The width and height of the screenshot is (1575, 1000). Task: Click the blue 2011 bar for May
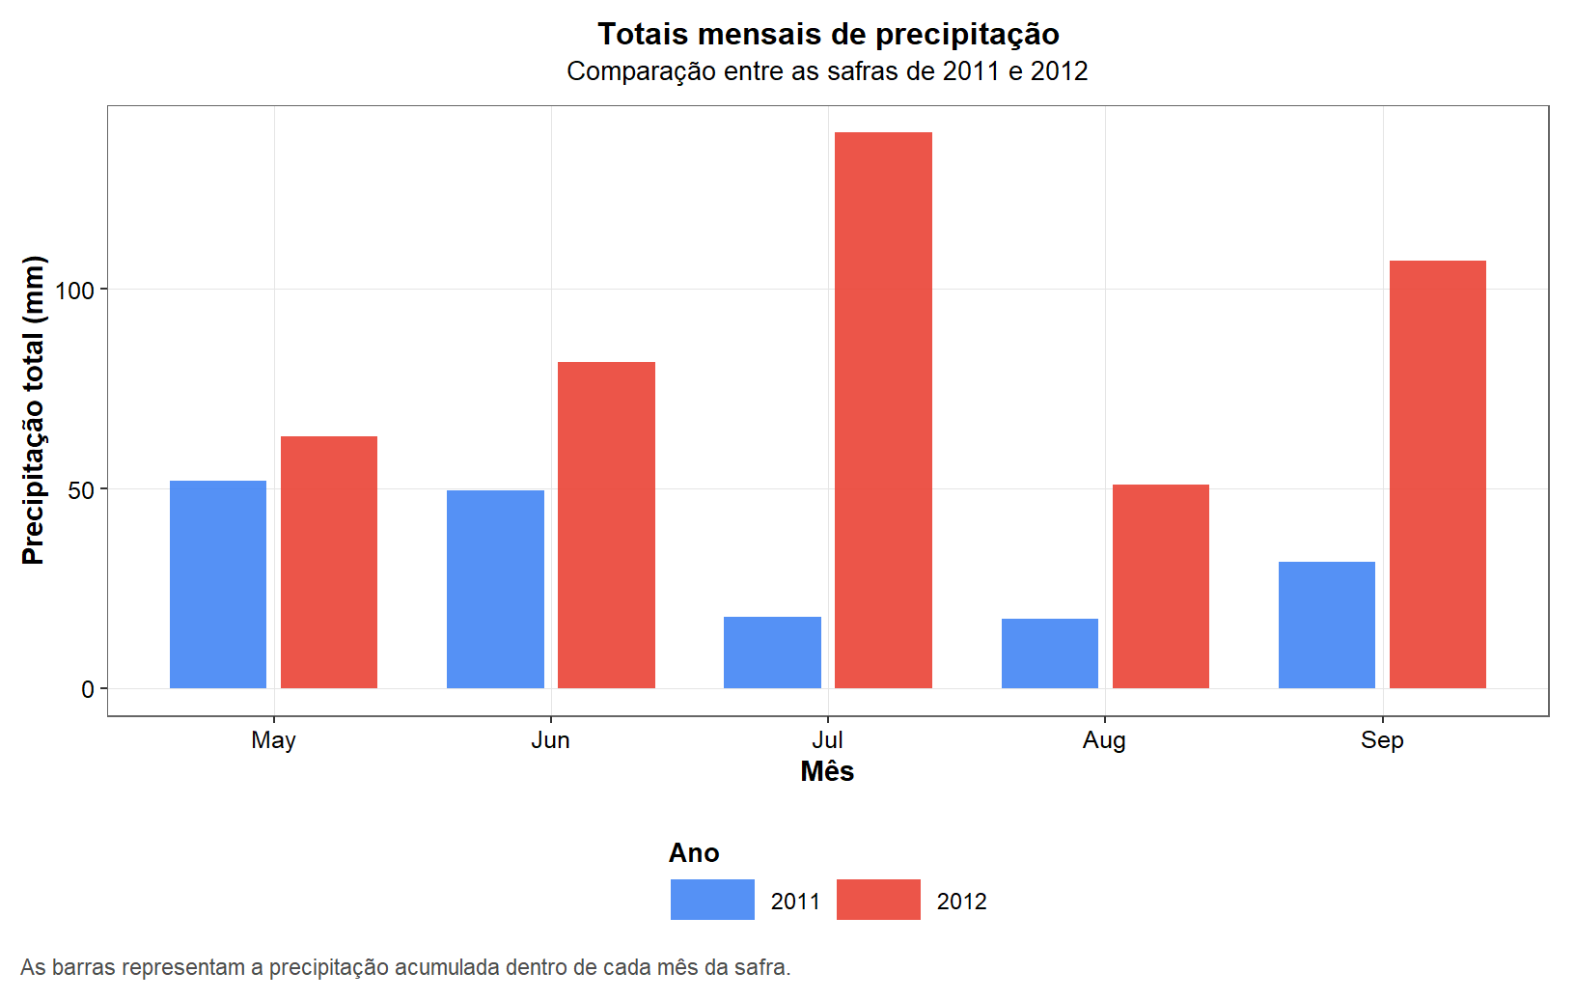coord(218,584)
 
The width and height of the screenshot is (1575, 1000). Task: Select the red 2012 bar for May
coord(329,562)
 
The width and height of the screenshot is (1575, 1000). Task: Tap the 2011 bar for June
coord(495,589)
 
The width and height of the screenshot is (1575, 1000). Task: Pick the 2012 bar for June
coord(606,525)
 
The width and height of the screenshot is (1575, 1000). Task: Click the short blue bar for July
coord(772,653)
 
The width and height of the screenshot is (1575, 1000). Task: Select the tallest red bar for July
coord(883,410)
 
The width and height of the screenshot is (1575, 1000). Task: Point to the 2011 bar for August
coord(1050,653)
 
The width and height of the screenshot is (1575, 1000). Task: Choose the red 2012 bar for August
coord(1161,586)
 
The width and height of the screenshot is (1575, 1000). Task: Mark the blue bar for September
coord(1327,625)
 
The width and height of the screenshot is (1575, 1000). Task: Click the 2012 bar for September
coord(1438,474)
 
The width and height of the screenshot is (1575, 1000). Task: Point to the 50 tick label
coord(81,490)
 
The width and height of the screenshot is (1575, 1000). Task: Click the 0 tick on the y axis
coord(88,689)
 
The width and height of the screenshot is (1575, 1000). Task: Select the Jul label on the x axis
coord(827,740)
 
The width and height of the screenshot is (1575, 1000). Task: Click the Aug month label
coord(1104,740)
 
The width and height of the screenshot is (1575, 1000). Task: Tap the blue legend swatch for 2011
coord(712,900)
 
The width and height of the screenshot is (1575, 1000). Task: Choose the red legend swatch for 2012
coord(878,900)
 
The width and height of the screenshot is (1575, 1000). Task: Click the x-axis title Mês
coord(827,771)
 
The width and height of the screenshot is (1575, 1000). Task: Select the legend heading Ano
coord(694,853)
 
